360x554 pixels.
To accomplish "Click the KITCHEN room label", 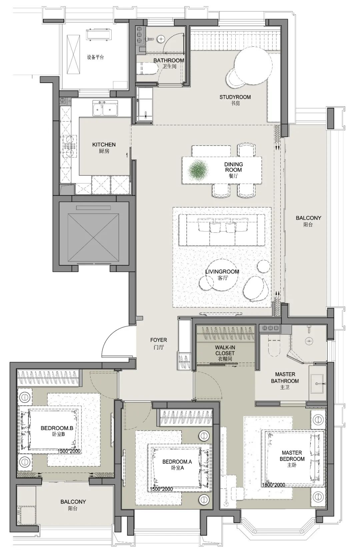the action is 104,144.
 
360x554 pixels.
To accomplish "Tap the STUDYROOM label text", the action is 235,97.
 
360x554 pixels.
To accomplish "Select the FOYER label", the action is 158,340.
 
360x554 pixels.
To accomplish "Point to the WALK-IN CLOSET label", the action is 225,350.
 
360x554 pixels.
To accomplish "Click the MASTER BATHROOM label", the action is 285,378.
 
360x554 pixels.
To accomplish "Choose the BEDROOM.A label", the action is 177,462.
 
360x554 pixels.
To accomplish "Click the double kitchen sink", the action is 105,108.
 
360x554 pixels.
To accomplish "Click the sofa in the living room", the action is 222,230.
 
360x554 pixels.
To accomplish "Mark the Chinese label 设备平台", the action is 95,57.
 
